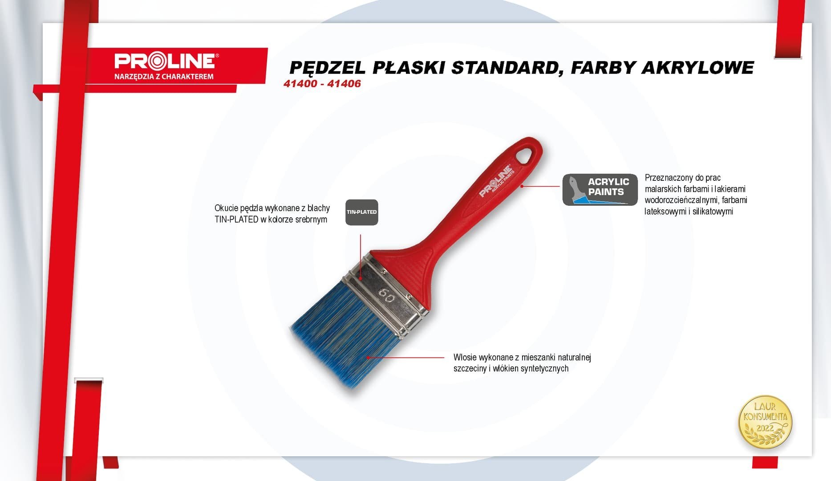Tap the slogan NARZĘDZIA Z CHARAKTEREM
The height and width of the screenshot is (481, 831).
point(164,77)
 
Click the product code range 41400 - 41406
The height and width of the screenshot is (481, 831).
point(322,84)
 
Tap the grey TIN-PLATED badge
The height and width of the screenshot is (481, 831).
point(362,212)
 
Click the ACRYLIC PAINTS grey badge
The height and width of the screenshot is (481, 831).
point(600,189)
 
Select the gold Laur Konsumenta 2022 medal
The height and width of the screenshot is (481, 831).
point(765,422)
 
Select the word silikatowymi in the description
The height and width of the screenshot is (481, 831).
point(713,212)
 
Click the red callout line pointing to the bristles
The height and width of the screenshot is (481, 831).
point(405,357)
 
